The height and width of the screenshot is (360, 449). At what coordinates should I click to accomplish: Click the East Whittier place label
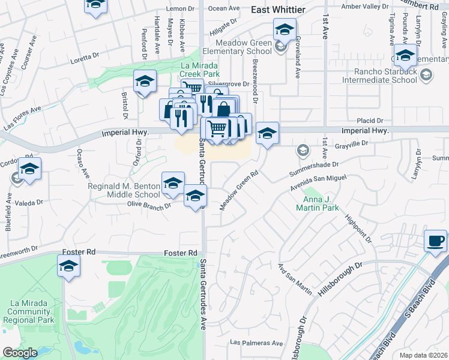click(x=278, y=10)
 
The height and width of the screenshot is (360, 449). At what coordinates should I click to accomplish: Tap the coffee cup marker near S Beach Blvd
click(x=436, y=241)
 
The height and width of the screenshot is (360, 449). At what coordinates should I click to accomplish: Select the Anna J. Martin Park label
click(x=318, y=203)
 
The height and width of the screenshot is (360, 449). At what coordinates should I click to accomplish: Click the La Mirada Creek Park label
click(x=201, y=70)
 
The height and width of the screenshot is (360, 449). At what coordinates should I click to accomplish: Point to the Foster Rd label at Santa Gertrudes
click(x=181, y=253)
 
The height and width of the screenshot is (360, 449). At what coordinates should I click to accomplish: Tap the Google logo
click(x=20, y=353)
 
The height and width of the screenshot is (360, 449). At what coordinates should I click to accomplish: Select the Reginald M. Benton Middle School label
click(x=124, y=190)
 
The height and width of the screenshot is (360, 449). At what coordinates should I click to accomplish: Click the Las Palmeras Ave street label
click(x=257, y=343)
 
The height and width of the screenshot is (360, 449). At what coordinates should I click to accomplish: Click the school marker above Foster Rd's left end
click(x=68, y=266)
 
